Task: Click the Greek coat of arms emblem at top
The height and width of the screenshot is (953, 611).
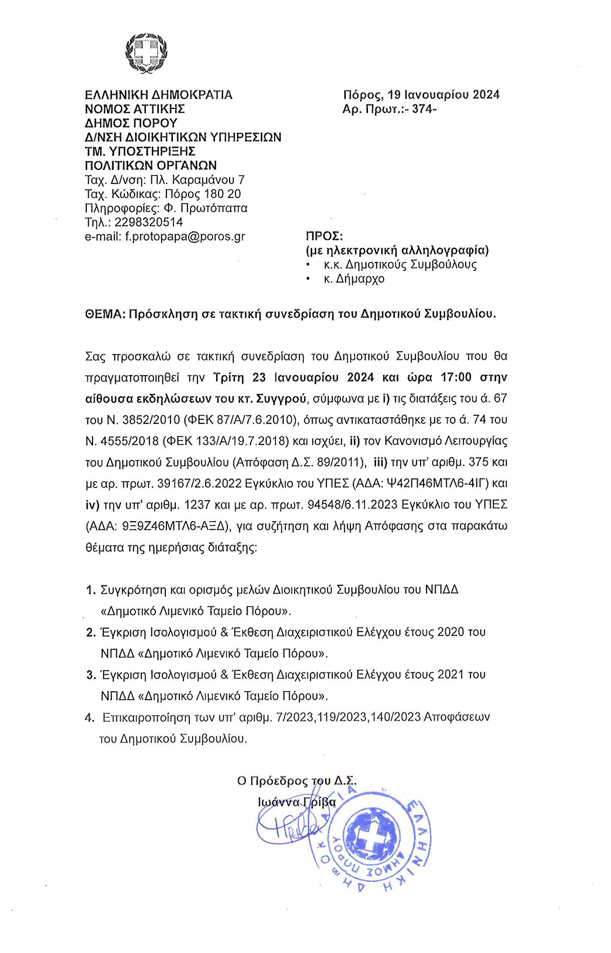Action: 146,53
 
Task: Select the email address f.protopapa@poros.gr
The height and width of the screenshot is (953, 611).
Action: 185,236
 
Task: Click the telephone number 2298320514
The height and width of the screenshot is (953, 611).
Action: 148,222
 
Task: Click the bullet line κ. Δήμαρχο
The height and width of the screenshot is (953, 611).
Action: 354,279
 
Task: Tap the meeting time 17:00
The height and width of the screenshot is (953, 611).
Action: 456,377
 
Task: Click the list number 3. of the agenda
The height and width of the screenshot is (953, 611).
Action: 91,675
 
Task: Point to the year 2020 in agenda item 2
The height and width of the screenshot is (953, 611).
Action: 451,632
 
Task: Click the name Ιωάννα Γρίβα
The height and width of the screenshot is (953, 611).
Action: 297,802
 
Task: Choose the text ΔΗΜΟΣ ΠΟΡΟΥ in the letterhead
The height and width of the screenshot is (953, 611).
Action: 131,123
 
